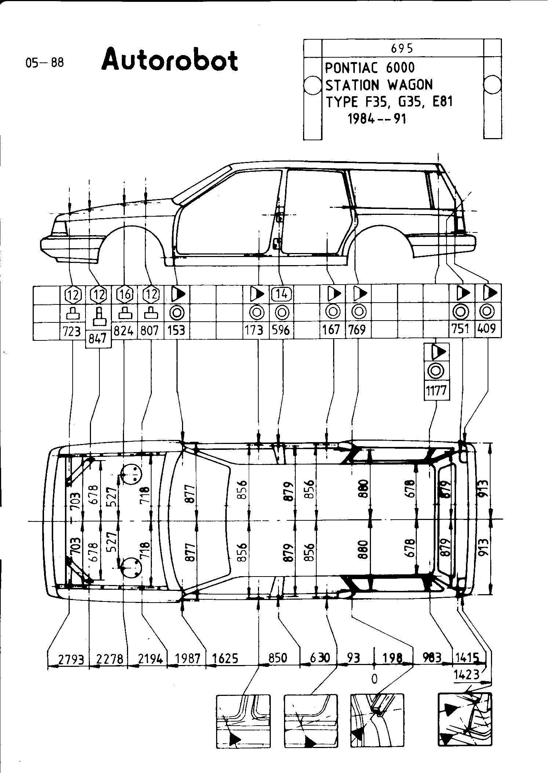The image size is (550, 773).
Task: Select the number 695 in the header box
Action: [402, 48]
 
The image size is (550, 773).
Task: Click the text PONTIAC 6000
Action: [370, 68]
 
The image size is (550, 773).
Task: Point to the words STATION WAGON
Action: [379, 85]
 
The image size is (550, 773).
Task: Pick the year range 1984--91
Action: [377, 119]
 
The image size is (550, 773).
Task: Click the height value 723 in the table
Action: [72, 331]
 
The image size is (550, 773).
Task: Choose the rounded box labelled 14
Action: [281, 294]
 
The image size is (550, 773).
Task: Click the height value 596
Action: [281, 330]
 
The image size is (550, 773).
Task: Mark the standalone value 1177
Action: [436, 390]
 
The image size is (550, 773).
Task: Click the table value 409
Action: [487, 329]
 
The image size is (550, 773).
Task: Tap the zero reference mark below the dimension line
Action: [374, 679]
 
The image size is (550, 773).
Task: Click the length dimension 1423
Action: [467, 675]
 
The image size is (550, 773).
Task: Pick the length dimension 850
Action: [277, 658]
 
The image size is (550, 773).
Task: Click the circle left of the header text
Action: [312, 86]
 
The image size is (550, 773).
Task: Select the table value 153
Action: [176, 330]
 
